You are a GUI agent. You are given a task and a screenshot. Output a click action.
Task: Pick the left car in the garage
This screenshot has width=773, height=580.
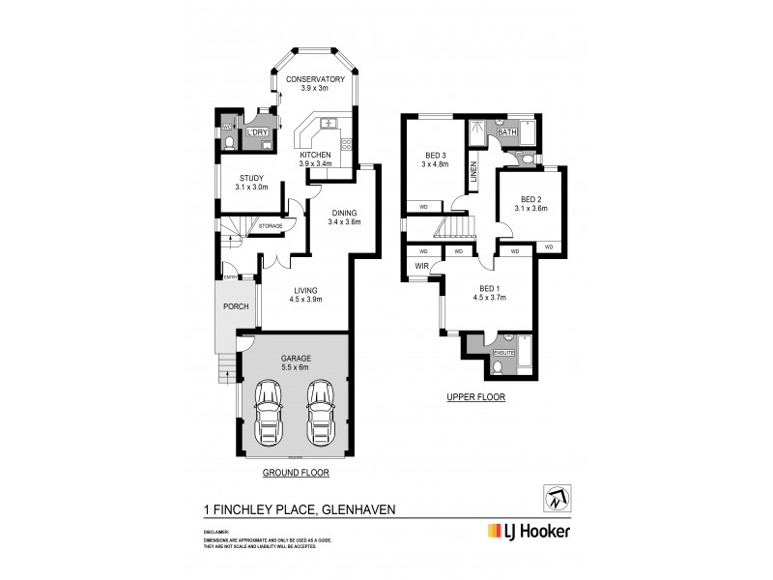point(270,411)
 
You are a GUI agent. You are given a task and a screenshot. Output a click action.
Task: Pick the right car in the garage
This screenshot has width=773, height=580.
point(320,411)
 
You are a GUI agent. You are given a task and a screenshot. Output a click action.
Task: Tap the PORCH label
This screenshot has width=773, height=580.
point(235,307)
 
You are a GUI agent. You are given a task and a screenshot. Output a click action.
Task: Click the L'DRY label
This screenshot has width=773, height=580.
point(257,132)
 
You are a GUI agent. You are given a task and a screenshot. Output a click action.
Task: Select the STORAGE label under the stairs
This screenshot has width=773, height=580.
point(270,226)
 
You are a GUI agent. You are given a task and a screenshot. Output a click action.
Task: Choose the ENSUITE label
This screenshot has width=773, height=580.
point(503,353)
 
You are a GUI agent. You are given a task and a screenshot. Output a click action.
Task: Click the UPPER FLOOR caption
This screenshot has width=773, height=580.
point(474,397)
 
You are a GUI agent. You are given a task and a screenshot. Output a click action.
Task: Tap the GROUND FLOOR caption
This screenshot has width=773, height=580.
point(297,473)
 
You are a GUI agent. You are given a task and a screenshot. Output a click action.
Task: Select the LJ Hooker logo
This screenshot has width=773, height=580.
point(528,531)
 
